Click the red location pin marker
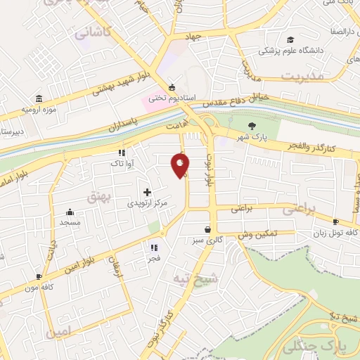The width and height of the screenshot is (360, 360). [x=181, y=165]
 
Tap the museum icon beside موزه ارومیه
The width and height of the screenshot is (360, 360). [x=37, y=98]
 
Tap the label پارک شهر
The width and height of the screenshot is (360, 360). [x=243, y=136]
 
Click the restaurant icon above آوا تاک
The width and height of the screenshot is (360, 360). [x=122, y=152]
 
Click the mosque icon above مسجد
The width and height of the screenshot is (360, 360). [x=70, y=212]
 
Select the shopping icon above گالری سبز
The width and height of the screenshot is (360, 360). [x=207, y=229]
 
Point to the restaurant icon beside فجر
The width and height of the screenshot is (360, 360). [x=154, y=247]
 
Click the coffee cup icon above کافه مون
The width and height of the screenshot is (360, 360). [x=39, y=277]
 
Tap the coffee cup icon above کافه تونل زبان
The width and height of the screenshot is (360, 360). [x=335, y=222]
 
